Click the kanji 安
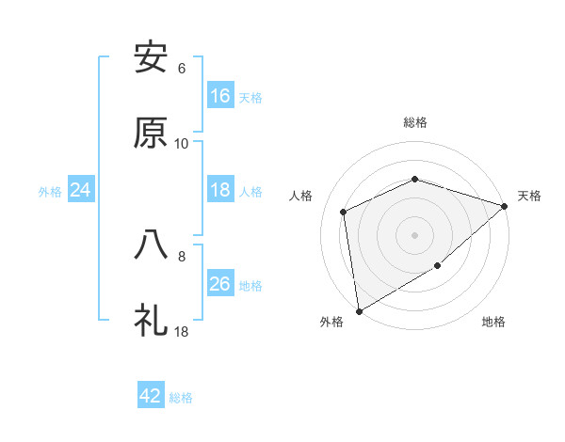point(151,58)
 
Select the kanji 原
point(151,133)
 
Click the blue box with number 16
point(220,95)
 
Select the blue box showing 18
point(220,190)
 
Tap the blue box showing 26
point(220,284)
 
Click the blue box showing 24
point(81,190)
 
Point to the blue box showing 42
point(151,396)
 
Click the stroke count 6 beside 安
point(182,69)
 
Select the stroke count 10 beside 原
point(182,144)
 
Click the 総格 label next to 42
point(181,398)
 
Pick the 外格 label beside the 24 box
point(50,192)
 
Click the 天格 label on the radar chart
point(529,196)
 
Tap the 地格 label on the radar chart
point(493,323)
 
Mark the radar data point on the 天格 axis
point(505,206)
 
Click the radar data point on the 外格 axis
point(359,310)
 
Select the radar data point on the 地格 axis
point(438,266)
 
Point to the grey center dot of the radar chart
point(414,234)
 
